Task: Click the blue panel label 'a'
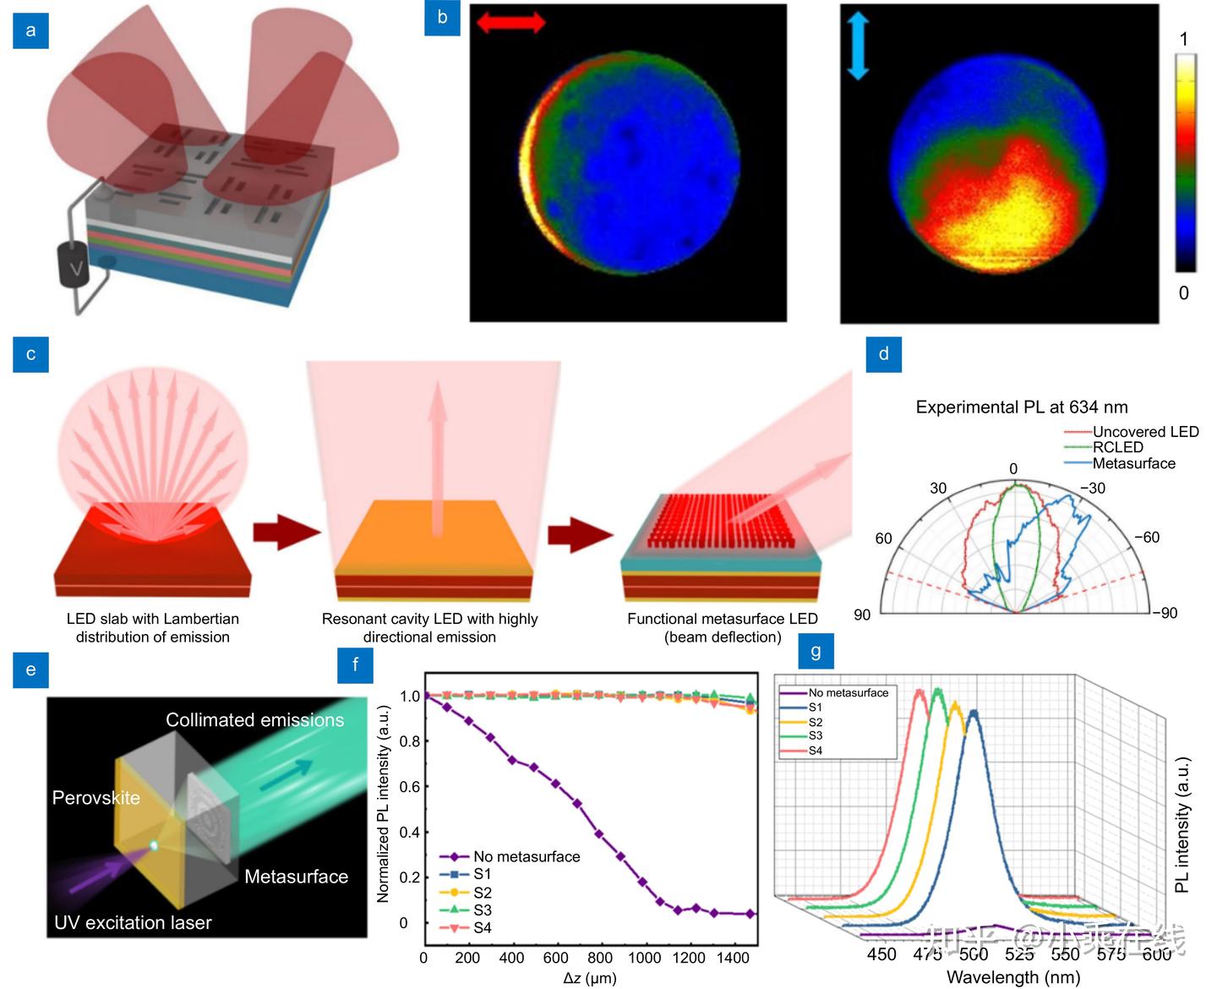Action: click(31, 31)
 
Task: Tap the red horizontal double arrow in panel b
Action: click(510, 23)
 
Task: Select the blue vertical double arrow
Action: click(858, 48)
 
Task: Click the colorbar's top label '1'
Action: click(1184, 39)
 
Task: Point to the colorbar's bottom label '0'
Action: click(1183, 292)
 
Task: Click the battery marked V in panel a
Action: click(74, 268)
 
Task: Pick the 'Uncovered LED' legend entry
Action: click(1145, 432)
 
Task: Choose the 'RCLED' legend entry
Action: click(1117, 447)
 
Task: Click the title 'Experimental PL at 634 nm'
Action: click(1022, 407)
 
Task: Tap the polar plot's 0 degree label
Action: click(1013, 469)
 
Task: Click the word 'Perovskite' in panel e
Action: click(96, 798)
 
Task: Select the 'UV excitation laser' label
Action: click(133, 923)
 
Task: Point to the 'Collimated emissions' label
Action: click(254, 720)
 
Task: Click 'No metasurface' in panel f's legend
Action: click(527, 856)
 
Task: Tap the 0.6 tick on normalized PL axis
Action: click(409, 787)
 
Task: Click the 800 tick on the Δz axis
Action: click(599, 958)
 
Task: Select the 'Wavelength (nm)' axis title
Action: click(1013, 978)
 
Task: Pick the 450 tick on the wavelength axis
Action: click(881, 954)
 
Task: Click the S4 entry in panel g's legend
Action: click(815, 751)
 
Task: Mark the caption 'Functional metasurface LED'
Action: click(723, 619)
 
